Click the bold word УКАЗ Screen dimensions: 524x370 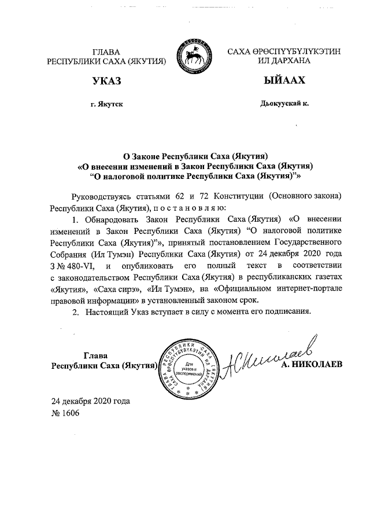106,81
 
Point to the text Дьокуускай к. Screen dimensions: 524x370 283,104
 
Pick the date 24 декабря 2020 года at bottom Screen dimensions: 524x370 91,401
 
